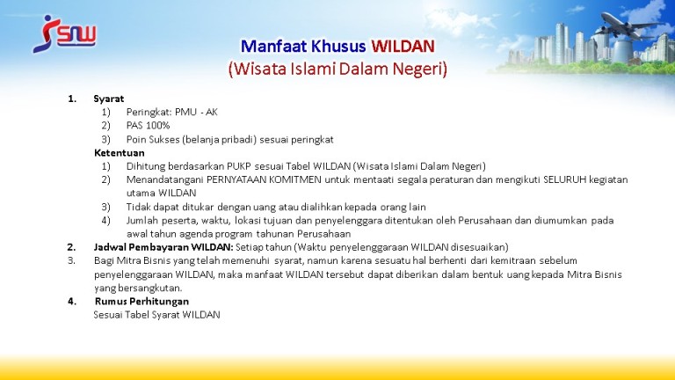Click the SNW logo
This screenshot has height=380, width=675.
(x=64, y=34)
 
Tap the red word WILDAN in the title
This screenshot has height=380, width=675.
(x=403, y=46)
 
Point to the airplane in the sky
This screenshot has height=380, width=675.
(x=630, y=26)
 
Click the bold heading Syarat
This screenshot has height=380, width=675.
(x=109, y=99)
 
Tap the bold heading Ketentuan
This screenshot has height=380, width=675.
(x=120, y=153)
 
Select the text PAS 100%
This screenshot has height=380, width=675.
(x=148, y=126)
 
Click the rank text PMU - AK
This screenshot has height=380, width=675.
(x=196, y=112)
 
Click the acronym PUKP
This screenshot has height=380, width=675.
(x=239, y=166)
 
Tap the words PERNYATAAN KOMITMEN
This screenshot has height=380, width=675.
(x=264, y=179)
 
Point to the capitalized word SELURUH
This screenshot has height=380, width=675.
(x=565, y=179)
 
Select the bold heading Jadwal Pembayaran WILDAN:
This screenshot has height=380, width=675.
(x=163, y=247)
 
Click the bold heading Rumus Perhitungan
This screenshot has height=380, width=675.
(x=142, y=301)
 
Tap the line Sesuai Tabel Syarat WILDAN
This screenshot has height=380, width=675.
(x=156, y=315)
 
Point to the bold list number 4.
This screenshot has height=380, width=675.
(x=72, y=301)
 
